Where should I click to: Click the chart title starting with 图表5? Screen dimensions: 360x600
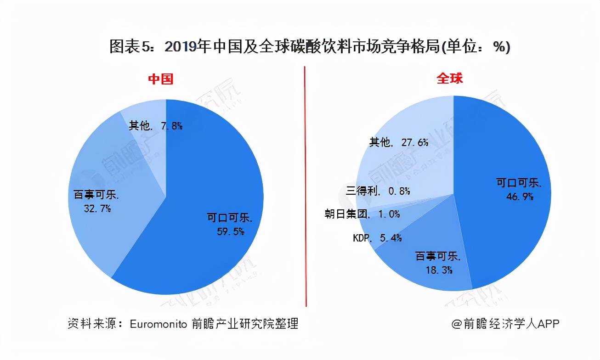coord(309,47)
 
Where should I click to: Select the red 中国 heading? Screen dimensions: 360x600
coord(160,79)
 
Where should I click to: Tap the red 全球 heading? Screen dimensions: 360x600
coord(449,79)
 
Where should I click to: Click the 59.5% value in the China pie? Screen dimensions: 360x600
coord(230,231)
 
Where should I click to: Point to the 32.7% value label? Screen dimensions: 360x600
coord(97,208)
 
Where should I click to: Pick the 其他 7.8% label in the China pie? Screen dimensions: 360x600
coord(155,125)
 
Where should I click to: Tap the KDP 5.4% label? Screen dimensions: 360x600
coord(378,237)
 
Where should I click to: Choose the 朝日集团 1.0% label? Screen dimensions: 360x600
coord(362,214)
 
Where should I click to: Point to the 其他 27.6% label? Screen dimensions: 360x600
coord(399,142)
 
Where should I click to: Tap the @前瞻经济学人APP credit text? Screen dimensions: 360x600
coord(504,323)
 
